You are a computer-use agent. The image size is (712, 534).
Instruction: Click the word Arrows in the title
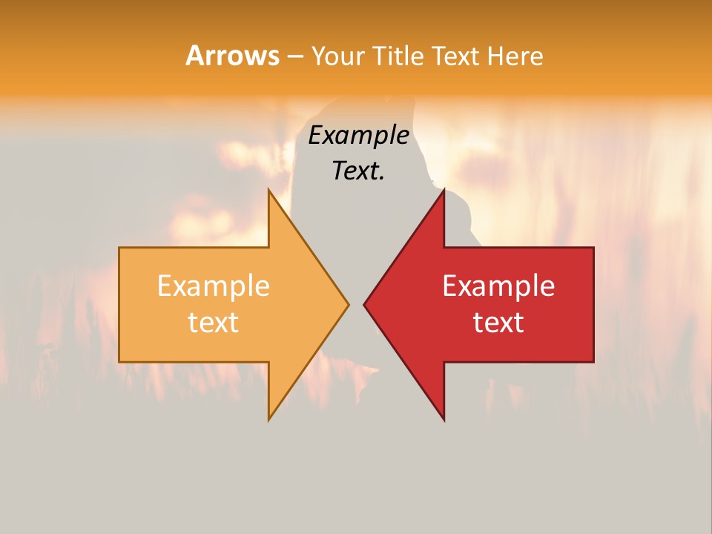[232, 56]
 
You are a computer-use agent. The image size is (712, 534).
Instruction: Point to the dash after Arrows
[294, 56]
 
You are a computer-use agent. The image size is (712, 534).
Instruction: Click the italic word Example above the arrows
[359, 135]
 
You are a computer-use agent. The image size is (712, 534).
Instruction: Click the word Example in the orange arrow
[214, 286]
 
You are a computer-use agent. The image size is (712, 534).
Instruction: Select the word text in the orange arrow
[214, 323]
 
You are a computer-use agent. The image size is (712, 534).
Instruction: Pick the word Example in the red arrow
[498, 286]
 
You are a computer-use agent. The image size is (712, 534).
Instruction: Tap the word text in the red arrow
[498, 323]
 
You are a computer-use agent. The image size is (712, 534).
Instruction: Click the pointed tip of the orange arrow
[348, 304]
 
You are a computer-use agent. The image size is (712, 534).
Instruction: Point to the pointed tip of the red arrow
[364, 304]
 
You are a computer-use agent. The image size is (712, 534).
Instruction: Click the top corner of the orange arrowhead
[268, 190]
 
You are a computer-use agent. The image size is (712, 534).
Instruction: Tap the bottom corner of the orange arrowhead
[268, 420]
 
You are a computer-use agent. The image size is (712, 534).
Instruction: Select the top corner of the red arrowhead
[444, 190]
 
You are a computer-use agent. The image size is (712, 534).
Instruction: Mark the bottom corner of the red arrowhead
[444, 420]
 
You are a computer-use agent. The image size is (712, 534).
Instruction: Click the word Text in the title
[455, 56]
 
